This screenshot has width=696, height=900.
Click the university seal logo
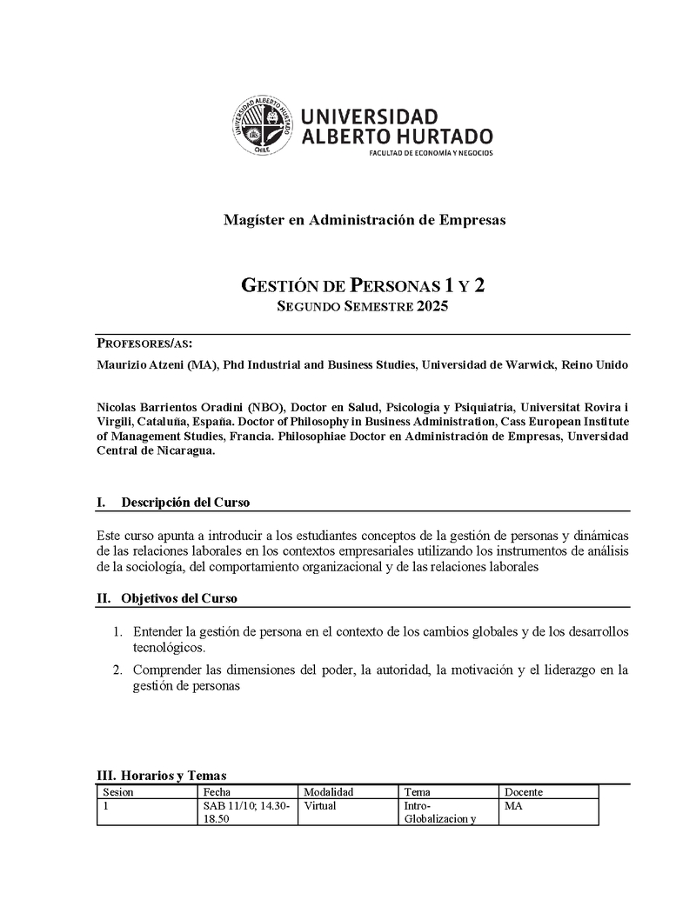click(260, 125)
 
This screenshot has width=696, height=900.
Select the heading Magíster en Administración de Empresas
click(365, 220)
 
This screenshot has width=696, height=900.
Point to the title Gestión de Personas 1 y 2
click(362, 285)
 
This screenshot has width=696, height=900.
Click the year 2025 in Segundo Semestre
click(432, 306)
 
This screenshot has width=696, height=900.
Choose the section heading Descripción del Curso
click(185, 503)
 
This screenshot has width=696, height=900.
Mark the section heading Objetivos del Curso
click(179, 598)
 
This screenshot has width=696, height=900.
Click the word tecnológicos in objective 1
click(169, 648)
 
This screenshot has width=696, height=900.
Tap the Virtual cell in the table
click(320, 805)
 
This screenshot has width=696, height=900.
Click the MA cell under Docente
click(513, 805)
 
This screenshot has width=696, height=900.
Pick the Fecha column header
click(217, 792)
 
